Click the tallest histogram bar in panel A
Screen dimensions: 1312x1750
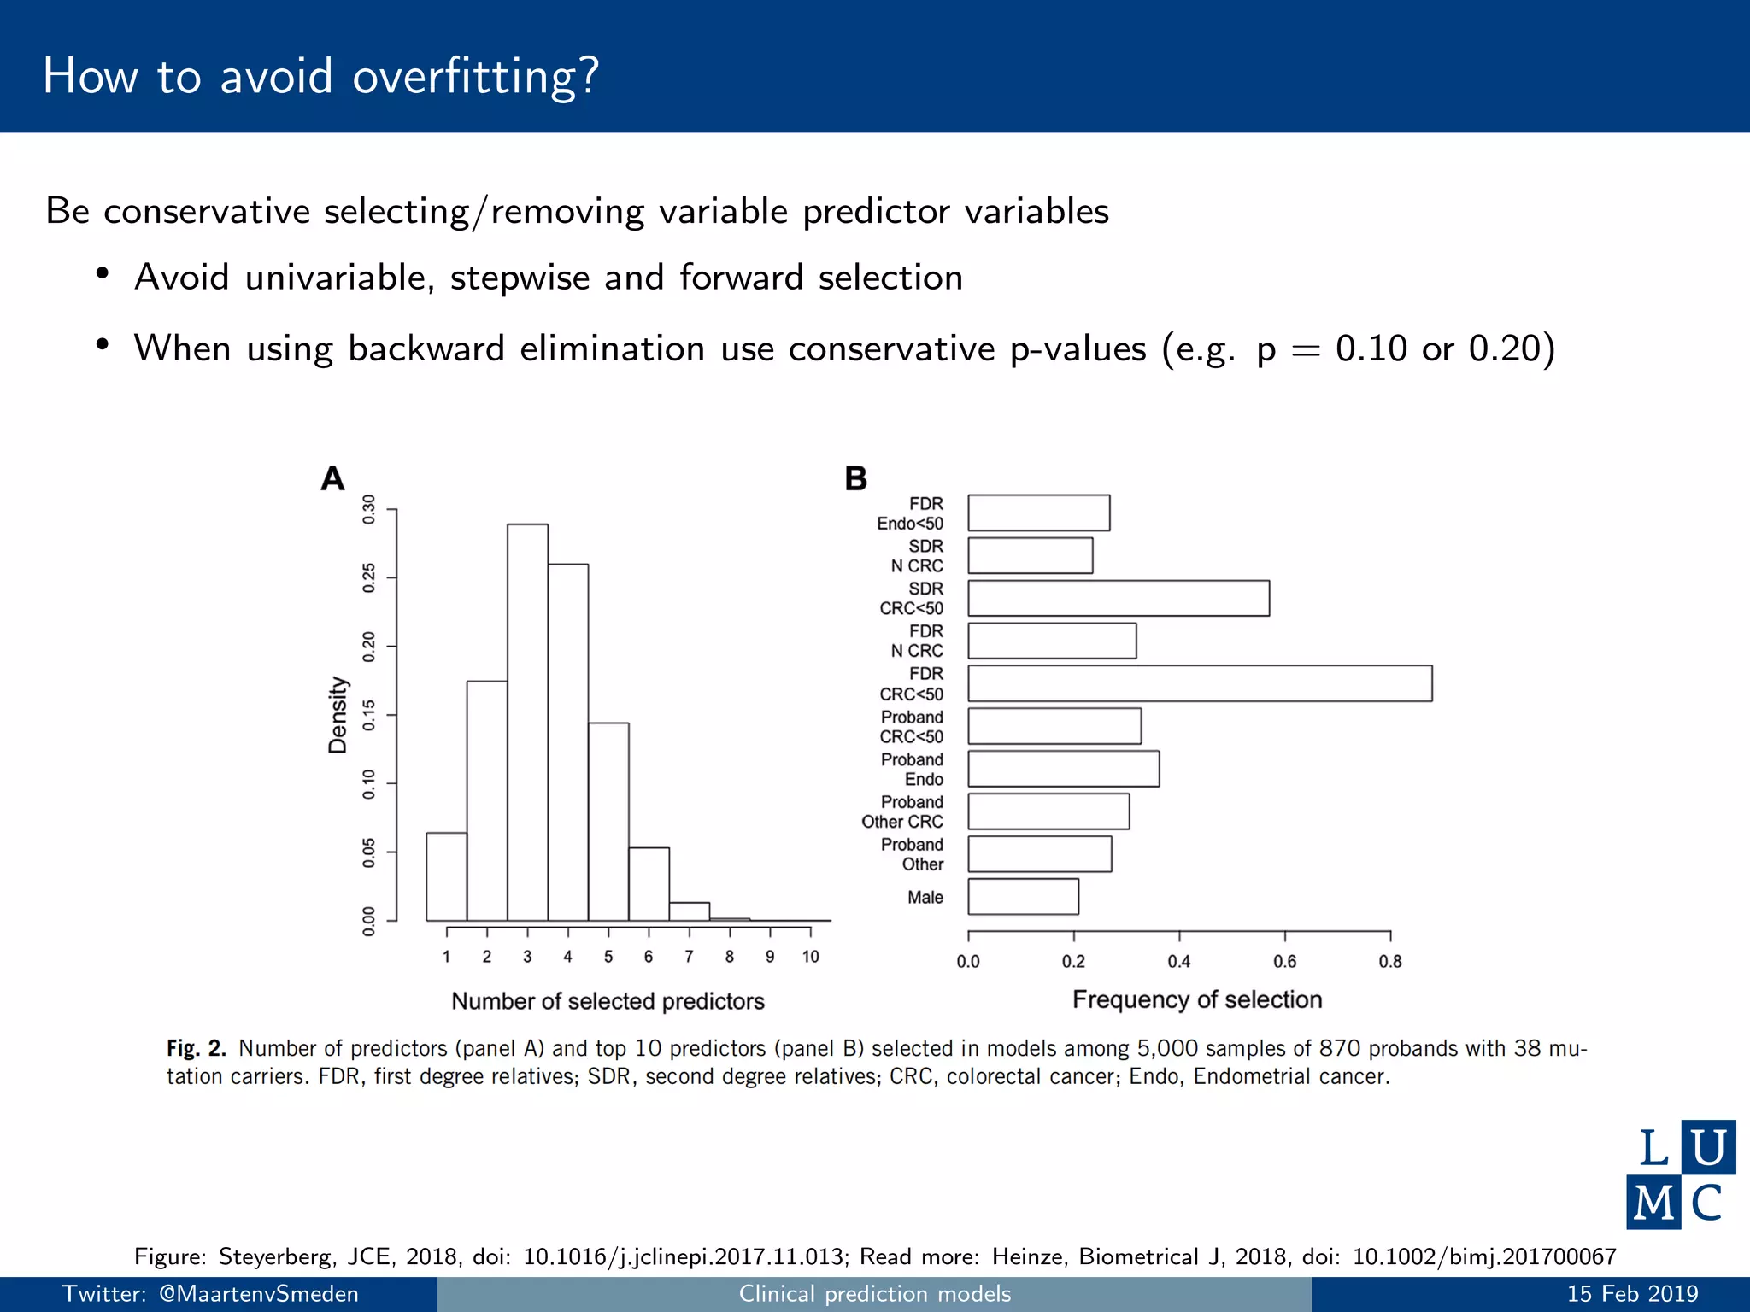(527, 722)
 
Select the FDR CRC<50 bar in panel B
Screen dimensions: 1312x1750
(1200, 683)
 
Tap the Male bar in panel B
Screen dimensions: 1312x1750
(1023, 897)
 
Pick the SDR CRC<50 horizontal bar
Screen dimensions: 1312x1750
(1119, 598)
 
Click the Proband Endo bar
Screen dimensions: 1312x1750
(1063, 769)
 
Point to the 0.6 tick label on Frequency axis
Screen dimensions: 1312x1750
(1284, 962)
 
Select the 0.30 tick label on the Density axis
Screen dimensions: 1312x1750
(369, 509)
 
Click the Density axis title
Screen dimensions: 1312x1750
(338, 715)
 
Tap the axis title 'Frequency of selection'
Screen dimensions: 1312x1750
(1197, 999)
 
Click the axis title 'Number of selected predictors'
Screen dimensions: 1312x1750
(608, 1001)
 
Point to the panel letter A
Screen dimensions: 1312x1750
(332, 478)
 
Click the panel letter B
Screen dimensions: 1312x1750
(855, 478)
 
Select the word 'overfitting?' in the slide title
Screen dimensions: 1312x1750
(476, 77)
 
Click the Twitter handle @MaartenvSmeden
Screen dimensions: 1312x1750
(259, 1294)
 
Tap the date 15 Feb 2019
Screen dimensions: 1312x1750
(1632, 1294)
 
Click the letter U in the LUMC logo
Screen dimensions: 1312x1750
(1708, 1147)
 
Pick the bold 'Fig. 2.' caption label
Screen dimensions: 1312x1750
(196, 1048)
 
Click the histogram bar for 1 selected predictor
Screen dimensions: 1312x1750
(446, 876)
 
